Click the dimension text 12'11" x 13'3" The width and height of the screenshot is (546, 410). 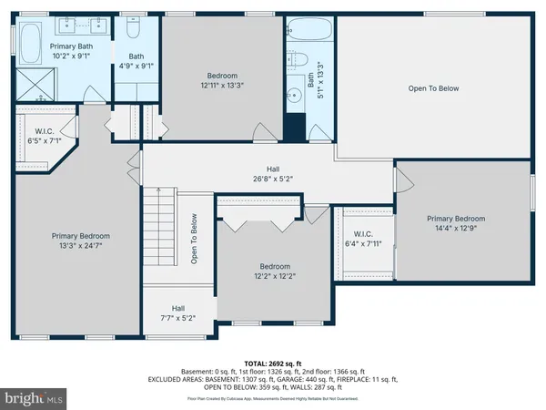point(221,86)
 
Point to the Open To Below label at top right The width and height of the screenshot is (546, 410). point(433,88)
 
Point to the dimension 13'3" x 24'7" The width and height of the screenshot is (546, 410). point(77,245)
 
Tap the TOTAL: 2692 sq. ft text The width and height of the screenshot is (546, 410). point(273,363)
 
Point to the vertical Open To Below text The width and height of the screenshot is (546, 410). point(194,239)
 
